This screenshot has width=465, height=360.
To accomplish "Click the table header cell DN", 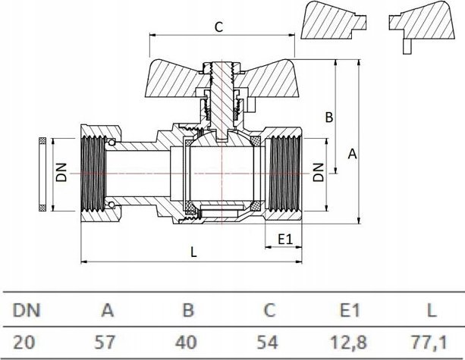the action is click(26, 311).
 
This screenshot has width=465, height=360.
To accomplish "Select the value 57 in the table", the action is click(104, 343).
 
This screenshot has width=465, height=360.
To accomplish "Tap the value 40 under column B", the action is click(186, 343).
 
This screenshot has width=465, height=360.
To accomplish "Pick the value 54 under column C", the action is click(268, 343).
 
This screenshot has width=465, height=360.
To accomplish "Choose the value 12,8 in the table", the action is click(348, 343).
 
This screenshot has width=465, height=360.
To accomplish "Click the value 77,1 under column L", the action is click(429, 343).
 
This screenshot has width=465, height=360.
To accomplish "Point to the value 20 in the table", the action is click(24, 343).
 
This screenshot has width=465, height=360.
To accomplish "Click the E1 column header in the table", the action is click(350, 311).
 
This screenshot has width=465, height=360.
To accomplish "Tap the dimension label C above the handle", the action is click(218, 27).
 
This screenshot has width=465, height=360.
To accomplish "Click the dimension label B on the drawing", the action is click(329, 117).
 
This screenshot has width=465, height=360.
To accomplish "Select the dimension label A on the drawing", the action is click(352, 154).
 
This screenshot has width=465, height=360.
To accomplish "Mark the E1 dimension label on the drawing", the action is click(285, 239).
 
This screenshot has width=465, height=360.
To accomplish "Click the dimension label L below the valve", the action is click(193, 252).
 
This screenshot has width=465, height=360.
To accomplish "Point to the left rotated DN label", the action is click(62, 172).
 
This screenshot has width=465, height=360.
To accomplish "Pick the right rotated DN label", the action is click(319, 172).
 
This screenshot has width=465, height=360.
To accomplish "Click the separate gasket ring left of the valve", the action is click(42, 174).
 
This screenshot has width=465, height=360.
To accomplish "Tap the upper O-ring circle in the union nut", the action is click(112, 142).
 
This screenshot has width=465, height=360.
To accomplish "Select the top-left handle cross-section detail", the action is click(334, 20).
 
